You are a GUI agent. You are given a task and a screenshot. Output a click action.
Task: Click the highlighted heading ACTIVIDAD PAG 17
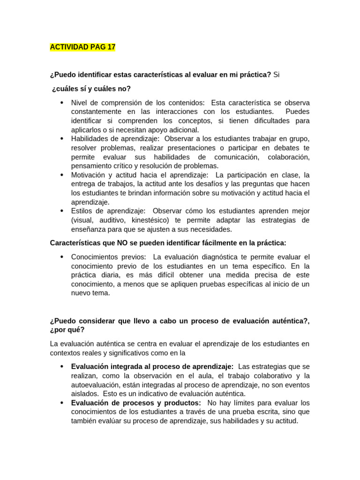pyautogui.click(x=82, y=47)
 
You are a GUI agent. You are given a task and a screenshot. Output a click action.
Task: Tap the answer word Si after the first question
pyautogui.click(x=276, y=75)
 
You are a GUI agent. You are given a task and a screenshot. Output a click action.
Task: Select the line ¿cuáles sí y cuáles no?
pyautogui.click(x=91, y=89)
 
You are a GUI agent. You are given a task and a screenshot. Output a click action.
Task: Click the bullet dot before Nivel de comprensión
pyautogui.click(x=62, y=103)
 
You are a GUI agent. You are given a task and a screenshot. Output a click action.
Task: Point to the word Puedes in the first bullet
pyautogui.click(x=297, y=112)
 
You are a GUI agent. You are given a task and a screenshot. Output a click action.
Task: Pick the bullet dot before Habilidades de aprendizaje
pyautogui.click(x=62, y=139)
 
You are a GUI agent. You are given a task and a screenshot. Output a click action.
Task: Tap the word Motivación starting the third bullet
pyautogui.click(x=88, y=175)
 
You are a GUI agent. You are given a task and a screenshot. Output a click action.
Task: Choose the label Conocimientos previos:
pyautogui.click(x=108, y=257)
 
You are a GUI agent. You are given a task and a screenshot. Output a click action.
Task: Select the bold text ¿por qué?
pyautogui.click(x=67, y=330)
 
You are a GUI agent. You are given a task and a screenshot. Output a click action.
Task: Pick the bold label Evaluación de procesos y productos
pyautogui.click(x=136, y=403)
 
